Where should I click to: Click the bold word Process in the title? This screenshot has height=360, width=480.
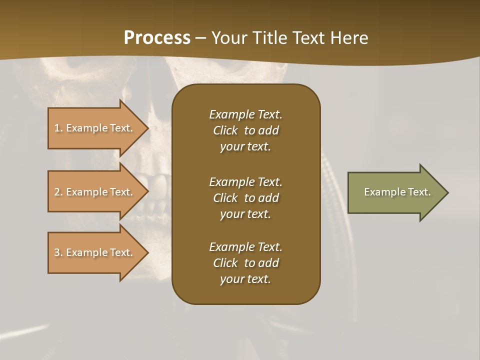coord(157,37)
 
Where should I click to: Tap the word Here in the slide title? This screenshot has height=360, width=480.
coord(349,37)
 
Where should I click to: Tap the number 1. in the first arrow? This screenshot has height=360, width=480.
coord(58,128)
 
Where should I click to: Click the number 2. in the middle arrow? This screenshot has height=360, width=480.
coord(58,192)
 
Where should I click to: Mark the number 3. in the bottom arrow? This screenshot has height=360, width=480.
coord(58,252)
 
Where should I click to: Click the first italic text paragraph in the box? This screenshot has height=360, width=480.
coord(245,130)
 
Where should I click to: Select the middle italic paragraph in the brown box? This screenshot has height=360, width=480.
coord(245,197)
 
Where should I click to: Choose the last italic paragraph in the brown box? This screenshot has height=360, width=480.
coord(245,263)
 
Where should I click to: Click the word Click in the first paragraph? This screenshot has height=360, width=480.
coord(225,130)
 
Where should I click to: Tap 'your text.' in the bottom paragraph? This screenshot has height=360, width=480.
coord(245,279)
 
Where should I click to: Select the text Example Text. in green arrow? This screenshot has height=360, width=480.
coord(397,192)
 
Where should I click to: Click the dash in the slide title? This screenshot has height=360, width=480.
coord(200,38)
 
